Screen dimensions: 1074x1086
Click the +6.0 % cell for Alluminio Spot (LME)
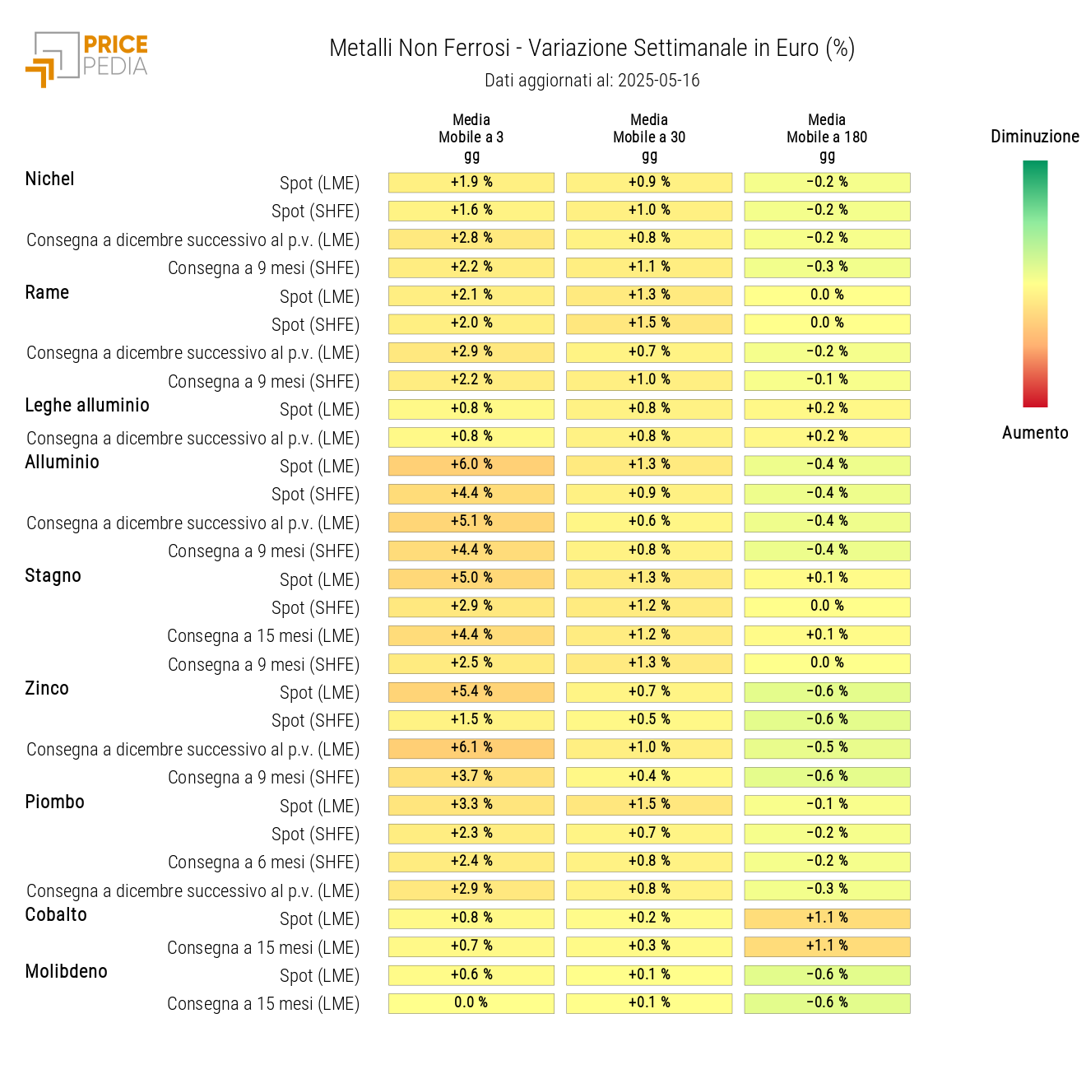[x=471, y=465]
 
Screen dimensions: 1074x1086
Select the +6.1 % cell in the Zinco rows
[x=471, y=748]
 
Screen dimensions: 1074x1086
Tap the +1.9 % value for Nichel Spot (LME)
[x=471, y=182]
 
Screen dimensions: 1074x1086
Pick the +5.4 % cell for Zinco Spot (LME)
[x=471, y=691]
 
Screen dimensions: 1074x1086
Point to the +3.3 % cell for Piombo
[x=471, y=805]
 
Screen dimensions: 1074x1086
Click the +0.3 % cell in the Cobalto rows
[x=649, y=946]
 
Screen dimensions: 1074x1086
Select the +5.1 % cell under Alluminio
[x=471, y=522]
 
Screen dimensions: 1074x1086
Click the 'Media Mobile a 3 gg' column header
[x=471, y=137]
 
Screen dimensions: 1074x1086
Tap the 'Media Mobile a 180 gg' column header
[x=827, y=137]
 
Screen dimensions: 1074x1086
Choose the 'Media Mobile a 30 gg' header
[x=649, y=137]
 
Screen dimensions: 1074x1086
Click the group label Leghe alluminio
[x=87, y=405]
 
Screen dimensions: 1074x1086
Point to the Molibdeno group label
[x=67, y=971]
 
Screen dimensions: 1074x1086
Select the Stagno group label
[x=53, y=575]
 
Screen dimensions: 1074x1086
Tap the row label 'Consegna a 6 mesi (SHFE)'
[x=263, y=862]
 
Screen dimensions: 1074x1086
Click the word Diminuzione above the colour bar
[x=1035, y=137]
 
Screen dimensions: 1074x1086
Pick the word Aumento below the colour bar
[x=1035, y=433]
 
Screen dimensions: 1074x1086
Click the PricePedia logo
[x=87, y=58]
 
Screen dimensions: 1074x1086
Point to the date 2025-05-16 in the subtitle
[x=658, y=81]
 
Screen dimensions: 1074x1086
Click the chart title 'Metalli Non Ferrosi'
[x=420, y=49]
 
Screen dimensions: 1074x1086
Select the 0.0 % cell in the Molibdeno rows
[x=471, y=1002]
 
